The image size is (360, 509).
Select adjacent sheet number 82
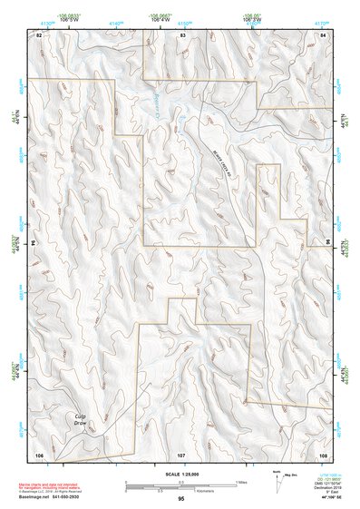(x=39, y=34)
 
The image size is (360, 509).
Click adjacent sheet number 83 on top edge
(x=182, y=34)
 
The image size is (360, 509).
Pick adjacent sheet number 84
(x=324, y=34)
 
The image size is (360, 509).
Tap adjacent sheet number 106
(x=39, y=453)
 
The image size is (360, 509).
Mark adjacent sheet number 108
(x=323, y=453)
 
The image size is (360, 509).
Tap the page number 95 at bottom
(x=181, y=499)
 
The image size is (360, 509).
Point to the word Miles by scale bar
(x=241, y=482)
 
